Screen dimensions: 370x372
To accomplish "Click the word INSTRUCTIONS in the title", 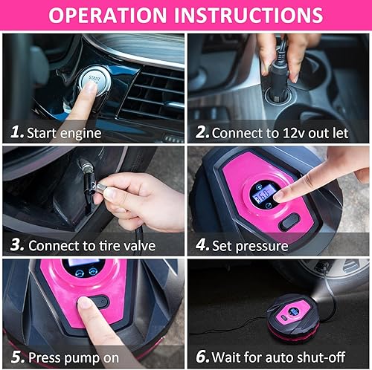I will [249, 16].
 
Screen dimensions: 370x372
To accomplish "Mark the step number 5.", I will [16, 357].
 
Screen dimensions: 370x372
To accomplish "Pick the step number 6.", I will [202, 357].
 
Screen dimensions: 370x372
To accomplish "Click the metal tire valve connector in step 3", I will [93, 190].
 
